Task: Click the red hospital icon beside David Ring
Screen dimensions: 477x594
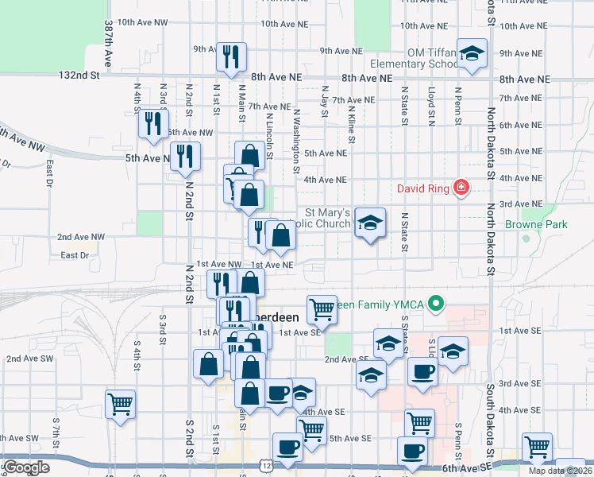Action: [460, 188]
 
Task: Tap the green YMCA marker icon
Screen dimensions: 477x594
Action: [435, 303]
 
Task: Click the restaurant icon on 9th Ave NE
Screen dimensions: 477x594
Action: [231, 56]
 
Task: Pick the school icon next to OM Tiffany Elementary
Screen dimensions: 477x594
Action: [472, 54]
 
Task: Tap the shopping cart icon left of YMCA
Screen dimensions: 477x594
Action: [321, 308]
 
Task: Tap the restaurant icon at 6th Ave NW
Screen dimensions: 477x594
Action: [152, 123]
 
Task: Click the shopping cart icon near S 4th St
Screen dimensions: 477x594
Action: [120, 403]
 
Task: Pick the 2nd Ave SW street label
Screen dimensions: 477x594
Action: [23, 359]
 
